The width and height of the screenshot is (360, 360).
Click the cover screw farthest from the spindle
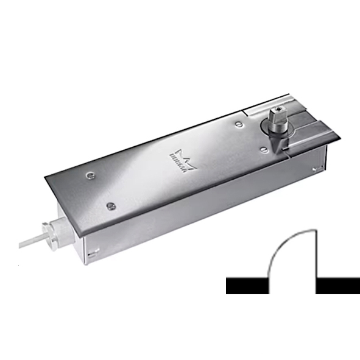click(90, 177)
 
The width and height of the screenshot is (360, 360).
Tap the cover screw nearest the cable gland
click(110, 206)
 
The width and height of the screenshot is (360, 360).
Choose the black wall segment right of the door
click(339, 286)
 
